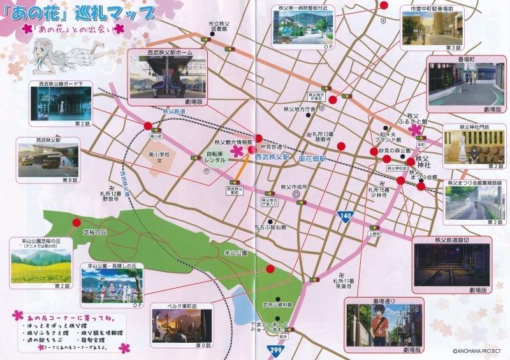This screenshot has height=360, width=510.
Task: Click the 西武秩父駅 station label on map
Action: (272, 156)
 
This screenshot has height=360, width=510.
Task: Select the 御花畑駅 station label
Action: (313, 158)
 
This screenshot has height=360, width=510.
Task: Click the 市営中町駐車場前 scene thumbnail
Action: (430, 29)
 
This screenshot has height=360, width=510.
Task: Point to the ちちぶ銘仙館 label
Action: (270, 227)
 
